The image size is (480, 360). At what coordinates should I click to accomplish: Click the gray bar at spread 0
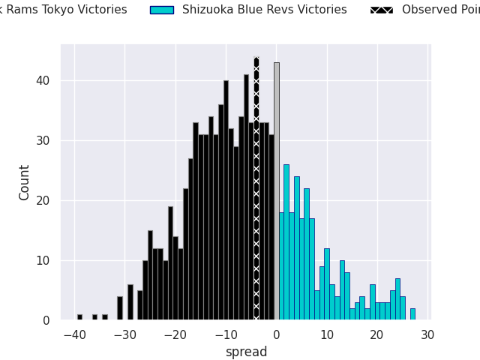[276, 191]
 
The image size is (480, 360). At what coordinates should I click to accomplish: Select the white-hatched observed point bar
[256, 187]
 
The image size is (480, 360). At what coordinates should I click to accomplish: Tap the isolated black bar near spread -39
[79, 317]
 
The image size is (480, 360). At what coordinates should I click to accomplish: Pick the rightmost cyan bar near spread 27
[412, 314]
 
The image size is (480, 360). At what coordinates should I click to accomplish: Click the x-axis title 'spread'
[246, 352]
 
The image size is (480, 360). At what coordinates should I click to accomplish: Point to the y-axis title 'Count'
[25, 182]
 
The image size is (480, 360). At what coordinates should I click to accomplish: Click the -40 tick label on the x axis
[74, 334]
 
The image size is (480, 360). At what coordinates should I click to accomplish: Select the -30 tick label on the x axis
[124, 334]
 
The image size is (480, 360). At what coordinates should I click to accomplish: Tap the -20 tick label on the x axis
[175, 334]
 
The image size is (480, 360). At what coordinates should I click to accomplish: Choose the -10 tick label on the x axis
[225, 334]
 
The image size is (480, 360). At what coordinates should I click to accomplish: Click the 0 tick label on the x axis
[277, 334]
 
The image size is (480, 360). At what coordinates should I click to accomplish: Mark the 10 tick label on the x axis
[327, 334]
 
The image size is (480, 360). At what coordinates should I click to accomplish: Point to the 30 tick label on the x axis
[427, 334]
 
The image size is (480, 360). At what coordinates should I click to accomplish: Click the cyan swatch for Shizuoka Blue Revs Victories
[161, 10]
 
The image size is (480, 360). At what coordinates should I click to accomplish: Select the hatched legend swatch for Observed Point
[382, 10]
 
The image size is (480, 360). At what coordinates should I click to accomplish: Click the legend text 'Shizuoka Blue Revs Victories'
[264, 10]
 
